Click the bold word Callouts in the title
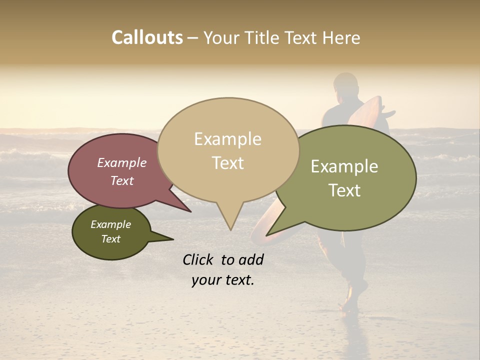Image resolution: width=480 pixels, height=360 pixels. point(147,37)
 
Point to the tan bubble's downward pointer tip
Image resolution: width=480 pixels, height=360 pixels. point(230,229)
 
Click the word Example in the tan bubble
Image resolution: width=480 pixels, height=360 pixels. point(228,139)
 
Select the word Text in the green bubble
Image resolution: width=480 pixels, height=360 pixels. point(345,190)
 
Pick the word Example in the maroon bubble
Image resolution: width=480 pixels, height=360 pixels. point(122,163)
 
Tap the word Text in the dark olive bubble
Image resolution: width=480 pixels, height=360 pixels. point(111,239)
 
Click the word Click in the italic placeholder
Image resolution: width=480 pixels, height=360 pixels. point(198,259)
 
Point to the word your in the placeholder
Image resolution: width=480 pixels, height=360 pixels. point(206,280)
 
